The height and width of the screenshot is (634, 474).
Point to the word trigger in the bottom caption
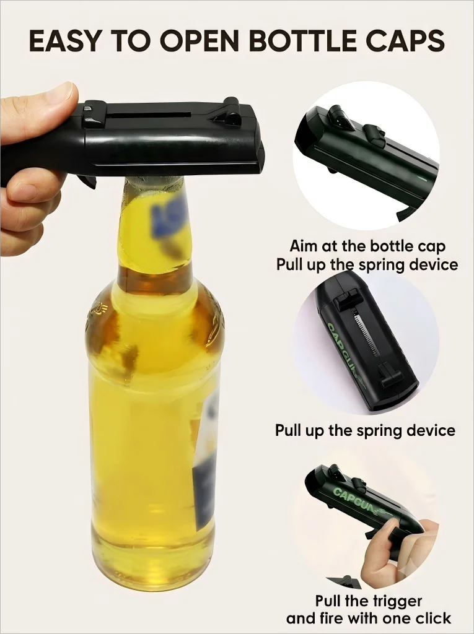397,602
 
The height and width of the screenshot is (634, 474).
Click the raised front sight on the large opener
230,109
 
